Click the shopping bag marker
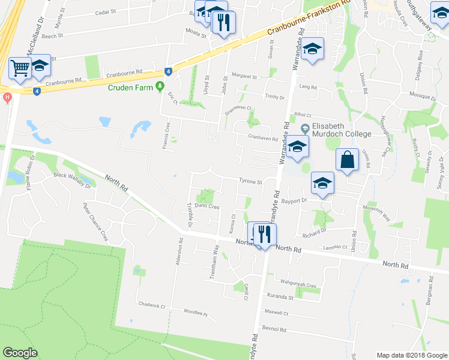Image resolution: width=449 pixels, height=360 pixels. coord(347,160)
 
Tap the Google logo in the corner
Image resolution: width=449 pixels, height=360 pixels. coord(20,353)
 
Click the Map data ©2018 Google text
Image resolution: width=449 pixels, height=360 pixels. coord(412,355)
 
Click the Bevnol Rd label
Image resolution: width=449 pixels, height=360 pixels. coord(275,330)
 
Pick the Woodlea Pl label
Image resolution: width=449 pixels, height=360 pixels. coord(196,313)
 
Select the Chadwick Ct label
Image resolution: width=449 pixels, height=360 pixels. coord(151,305)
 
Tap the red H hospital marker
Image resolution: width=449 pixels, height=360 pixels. coord(7,97)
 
